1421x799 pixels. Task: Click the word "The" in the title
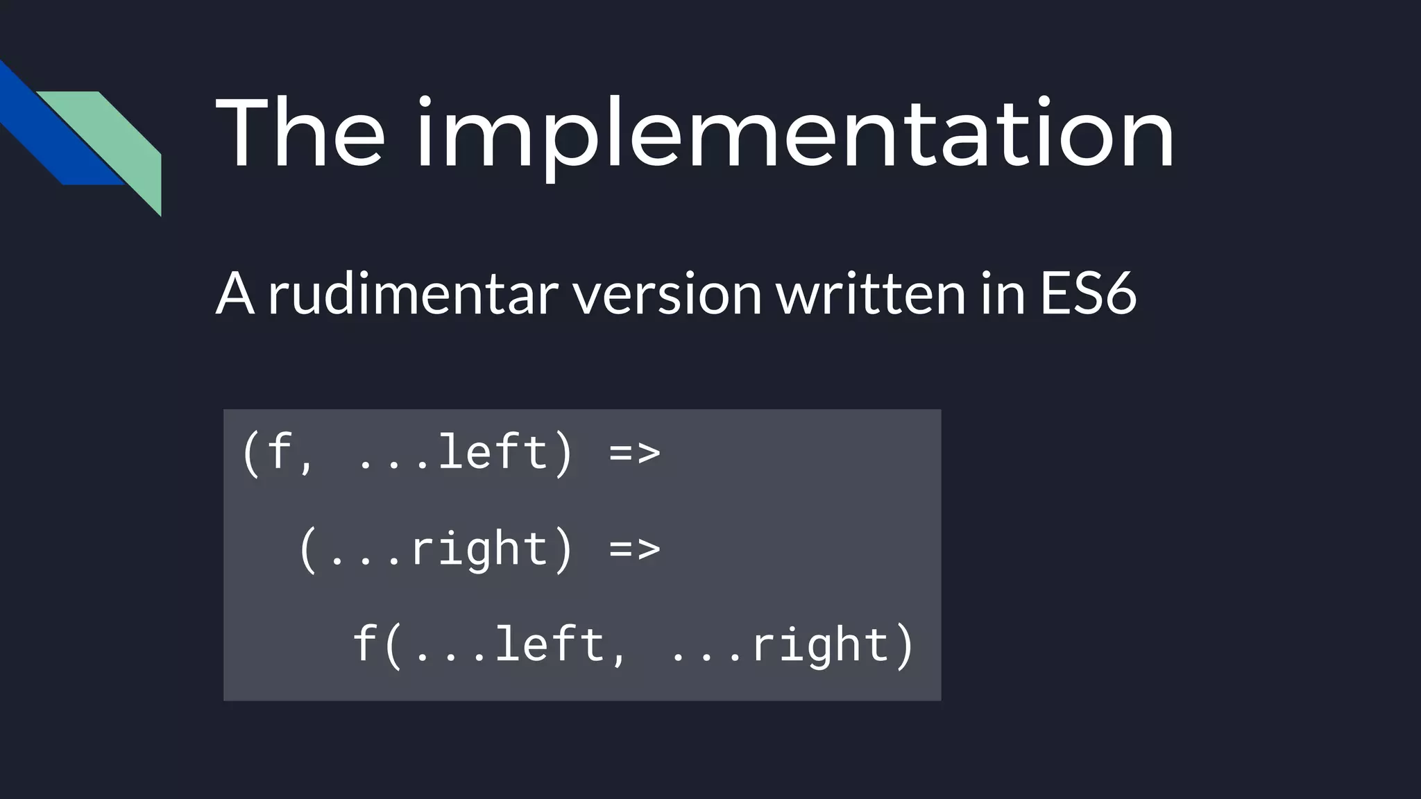(x=300, y=133)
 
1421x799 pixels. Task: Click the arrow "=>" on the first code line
(x=634, y=453)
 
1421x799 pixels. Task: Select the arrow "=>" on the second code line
(x=634, y=549)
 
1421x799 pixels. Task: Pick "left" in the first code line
(x=493, y=453)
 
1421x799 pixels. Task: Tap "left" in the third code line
(x=550, y=645)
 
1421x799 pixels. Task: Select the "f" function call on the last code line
(x=365, y=645)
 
